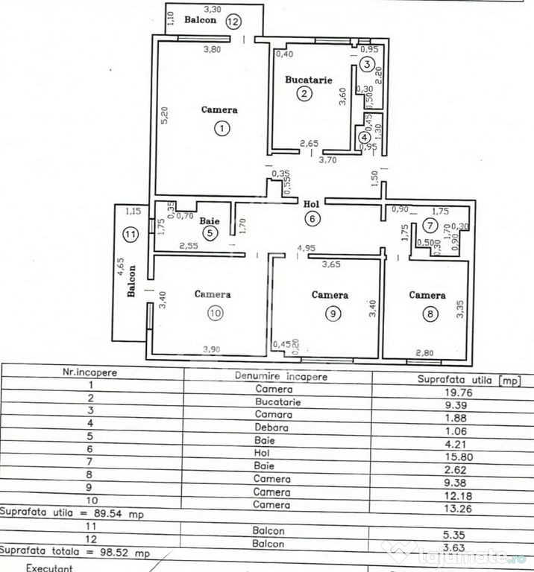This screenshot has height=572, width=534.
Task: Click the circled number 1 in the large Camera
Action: (x=222, y=128)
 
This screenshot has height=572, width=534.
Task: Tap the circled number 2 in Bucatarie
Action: (x=304, y=93)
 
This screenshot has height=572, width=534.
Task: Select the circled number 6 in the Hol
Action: (x=313, y=218)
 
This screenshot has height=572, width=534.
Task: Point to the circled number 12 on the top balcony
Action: (x=234, y=21)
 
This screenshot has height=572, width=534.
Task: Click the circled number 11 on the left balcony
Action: (x=131, y=235)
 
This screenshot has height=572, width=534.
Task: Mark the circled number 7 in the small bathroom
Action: (x=429, y=225)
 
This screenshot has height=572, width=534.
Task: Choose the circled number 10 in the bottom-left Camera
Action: (x=215, y=314)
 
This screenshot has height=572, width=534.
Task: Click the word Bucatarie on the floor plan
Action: (x=308, y=78)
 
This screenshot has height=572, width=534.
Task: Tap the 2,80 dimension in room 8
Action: (x=425, y=352)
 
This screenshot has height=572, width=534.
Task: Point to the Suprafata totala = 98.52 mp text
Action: (x=75, y=553)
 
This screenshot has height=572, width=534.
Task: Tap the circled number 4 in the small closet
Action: (x=363, y=137)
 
